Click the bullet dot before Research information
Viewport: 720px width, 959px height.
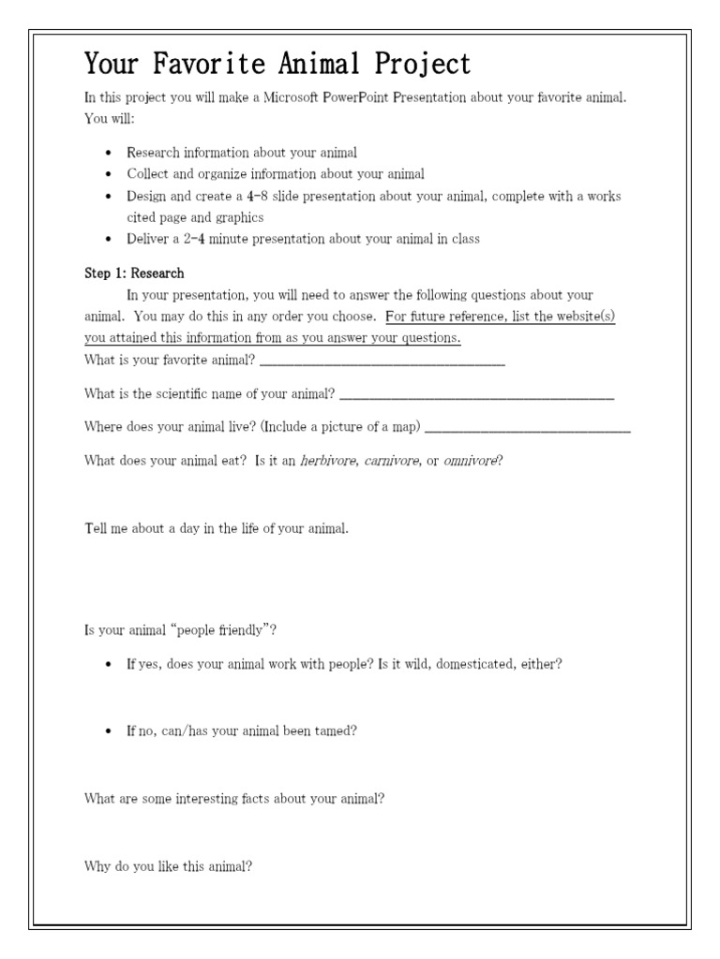pos(110,152)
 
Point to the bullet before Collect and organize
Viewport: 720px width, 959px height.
pos(110,174)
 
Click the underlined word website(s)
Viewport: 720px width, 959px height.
pos(580,317)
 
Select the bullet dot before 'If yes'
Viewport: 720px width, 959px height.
pos(110,664)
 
